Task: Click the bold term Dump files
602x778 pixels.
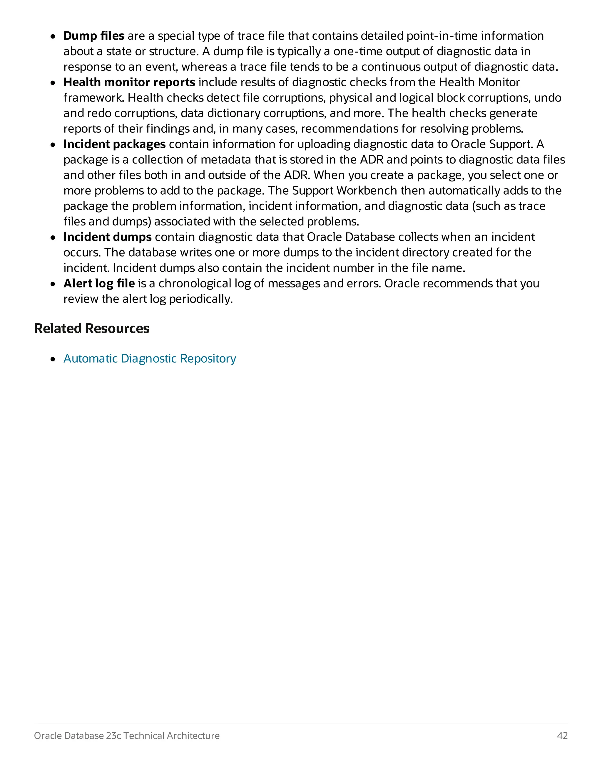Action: (x=94, y=36)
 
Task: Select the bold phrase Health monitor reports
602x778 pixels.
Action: (x=129, y=82)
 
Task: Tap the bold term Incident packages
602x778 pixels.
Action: (x=114, y=144)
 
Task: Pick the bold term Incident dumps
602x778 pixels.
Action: (x=107, y=237)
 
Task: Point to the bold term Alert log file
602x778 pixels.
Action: (x=99, y=284)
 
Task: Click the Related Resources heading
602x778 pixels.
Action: (x=92, y=329)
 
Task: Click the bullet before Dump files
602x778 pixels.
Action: (x=53, y=37)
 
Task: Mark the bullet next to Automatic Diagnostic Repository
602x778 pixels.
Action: (x=53, y=359)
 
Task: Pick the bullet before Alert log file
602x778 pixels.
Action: (x=53, y=284)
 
